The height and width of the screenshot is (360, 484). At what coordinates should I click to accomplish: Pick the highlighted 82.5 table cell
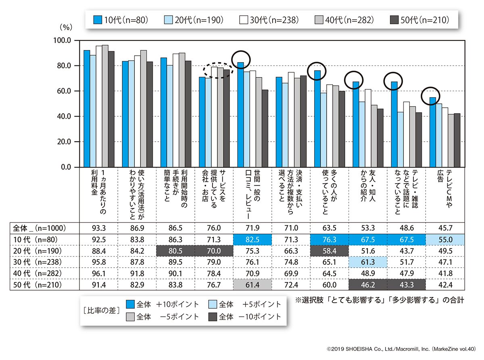252,239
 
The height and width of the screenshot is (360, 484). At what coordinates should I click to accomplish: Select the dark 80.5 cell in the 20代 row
175,251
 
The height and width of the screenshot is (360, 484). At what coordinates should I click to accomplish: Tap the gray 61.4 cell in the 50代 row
252,285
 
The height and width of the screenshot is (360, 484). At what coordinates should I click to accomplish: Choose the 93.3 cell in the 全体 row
98,227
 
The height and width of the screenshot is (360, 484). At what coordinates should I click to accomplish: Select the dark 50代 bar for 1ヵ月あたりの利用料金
111,109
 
